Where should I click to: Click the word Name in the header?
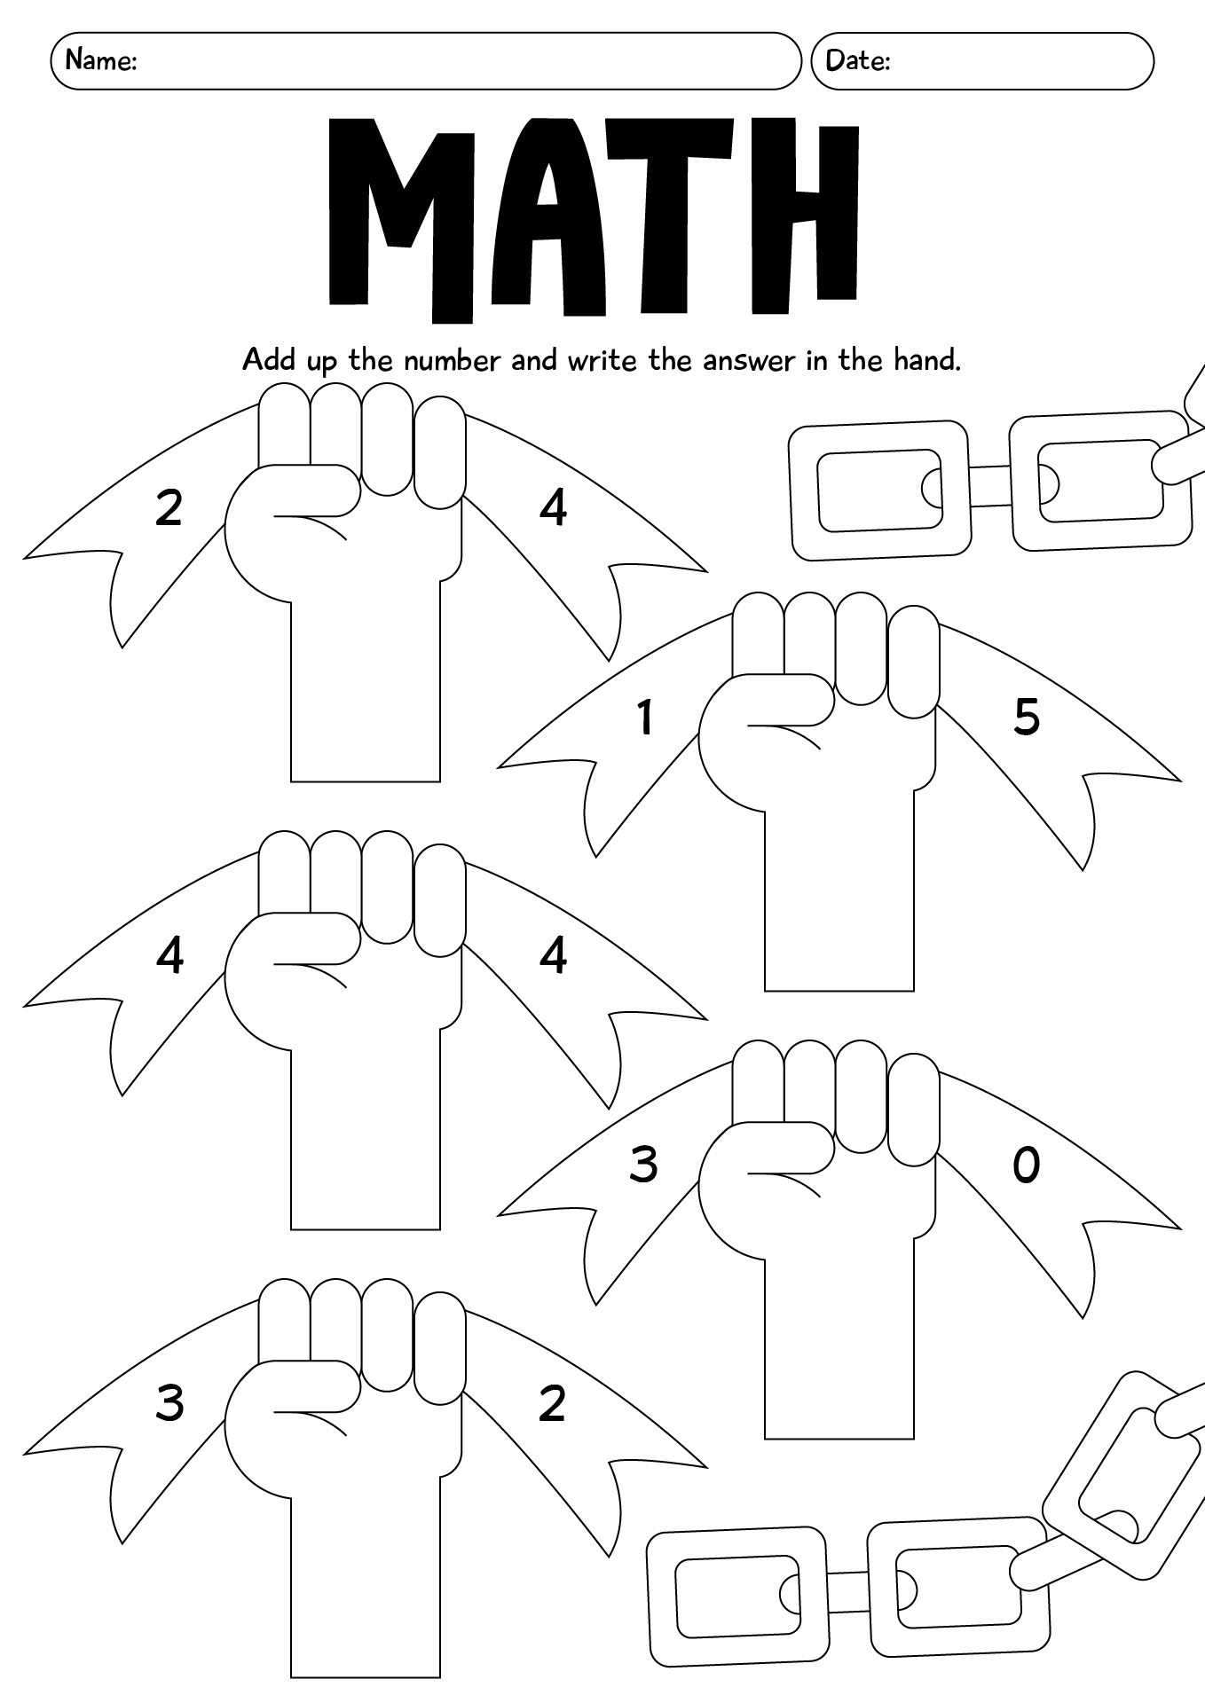pos(99,60)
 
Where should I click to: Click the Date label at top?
pos(856,60)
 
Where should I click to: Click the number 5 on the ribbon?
pos(1027,717)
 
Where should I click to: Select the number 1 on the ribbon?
pos(645,718)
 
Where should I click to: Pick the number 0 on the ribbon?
pos(1026,1165)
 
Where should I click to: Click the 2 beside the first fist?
pos(169,508)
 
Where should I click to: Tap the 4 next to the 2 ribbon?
pos(553,508)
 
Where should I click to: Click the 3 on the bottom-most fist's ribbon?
pos(169,1403)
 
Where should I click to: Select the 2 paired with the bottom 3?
pos(552,1403)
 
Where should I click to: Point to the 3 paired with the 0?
pos(643,1165)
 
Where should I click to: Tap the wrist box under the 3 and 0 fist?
pos(839,1348)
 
